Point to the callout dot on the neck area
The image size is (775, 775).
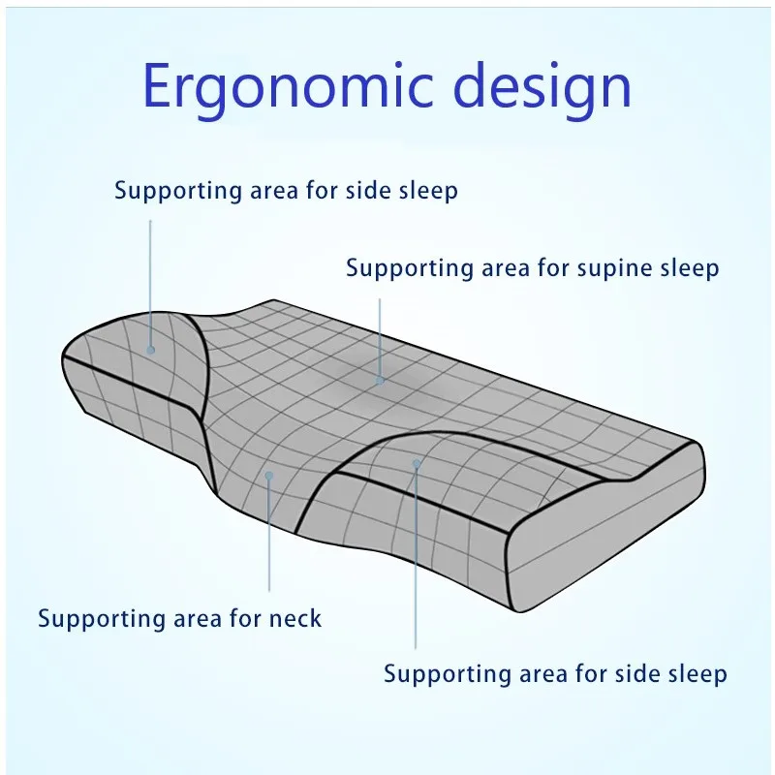269,477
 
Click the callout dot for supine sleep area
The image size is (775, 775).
381,380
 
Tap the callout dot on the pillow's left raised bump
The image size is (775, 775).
151,350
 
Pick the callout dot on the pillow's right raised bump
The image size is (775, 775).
417,463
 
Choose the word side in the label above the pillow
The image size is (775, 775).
370,190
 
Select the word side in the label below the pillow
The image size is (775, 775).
639,672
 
